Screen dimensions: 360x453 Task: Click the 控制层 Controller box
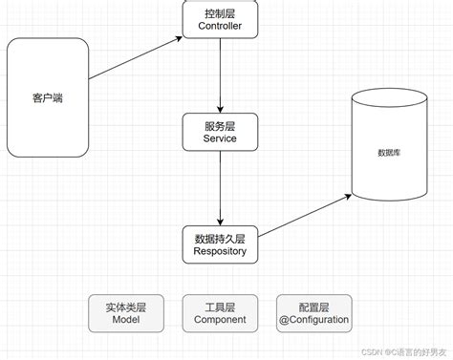221,20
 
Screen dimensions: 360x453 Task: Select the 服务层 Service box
221,132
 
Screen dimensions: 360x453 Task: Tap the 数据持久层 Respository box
221,244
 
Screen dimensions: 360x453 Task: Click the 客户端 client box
47,97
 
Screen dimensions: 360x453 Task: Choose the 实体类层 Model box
125,313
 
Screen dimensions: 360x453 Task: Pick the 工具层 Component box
221,313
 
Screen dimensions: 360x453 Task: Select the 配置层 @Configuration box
313,313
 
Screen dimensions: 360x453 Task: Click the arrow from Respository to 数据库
305,218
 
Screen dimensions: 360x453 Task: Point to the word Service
221,139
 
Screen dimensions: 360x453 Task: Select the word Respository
221,252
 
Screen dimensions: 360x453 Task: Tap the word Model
125,321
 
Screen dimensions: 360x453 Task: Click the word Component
221,321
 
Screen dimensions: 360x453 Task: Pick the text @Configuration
313,321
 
